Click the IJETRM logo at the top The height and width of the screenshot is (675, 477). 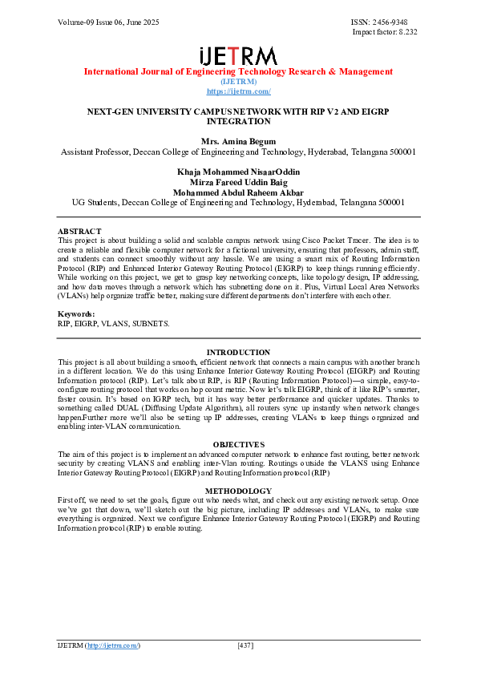coord(238,55)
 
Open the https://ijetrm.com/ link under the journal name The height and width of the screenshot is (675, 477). coord(238,91)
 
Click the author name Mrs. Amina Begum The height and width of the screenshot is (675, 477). coord(238,141)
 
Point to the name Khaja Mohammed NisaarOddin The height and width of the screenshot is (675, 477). coord(238,172)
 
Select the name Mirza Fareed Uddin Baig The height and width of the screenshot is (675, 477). coord(238,183)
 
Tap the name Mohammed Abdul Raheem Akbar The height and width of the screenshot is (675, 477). coord(238,193)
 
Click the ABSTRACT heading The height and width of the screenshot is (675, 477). coord(79,231)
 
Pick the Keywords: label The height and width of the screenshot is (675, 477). coord(76,314)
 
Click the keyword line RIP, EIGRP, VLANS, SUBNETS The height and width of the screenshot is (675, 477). coord(113,323)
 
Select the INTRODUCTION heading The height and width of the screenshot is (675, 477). coord(238,353)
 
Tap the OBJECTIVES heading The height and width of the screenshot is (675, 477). coord(238,445)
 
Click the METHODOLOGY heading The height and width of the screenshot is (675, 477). coord(238,491)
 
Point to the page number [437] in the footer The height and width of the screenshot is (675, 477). coord(246,645)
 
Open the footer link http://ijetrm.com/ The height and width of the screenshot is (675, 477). coord(112,645)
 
